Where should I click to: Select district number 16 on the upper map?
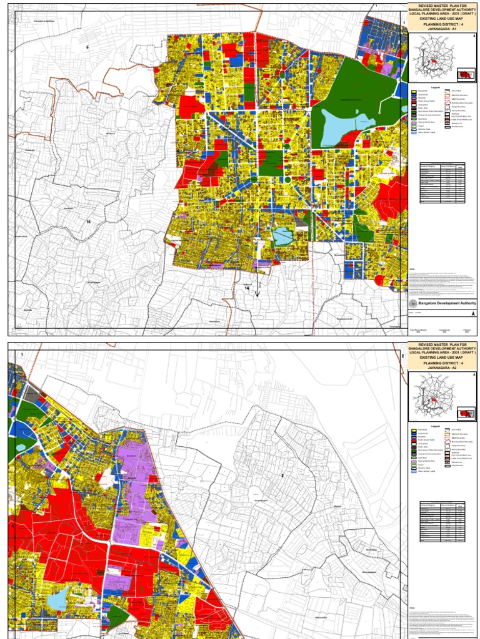point(89,222)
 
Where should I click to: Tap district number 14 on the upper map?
point(247,289)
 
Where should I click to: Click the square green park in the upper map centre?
point(271,162)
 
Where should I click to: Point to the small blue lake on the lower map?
point(57,600)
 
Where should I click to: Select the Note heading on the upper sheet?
point(412,269)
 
